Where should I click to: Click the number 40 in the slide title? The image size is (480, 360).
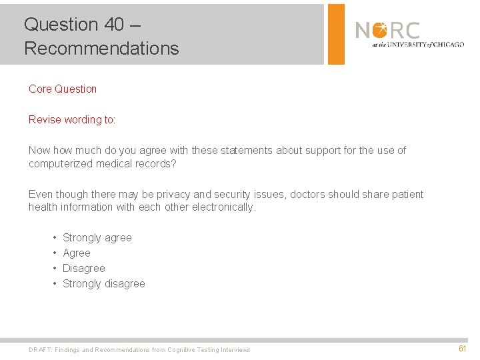(x=114, y=25)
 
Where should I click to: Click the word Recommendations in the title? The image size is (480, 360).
(x=101, y=49)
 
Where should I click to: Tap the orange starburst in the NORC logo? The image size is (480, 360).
(x=379, y=30)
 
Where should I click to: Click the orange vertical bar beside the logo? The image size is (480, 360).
(x=337, y=34)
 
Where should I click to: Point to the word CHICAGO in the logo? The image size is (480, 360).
(x=449, y=45)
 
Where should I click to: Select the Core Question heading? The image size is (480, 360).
(x=63, y=89)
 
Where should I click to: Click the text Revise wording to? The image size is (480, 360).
(x=72, y=120)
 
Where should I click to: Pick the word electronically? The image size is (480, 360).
(x=223, y=207)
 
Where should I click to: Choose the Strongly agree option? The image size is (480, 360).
(x=97, y=238)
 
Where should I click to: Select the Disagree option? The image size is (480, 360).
(x=84, y=269)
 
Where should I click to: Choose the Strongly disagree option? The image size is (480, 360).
(x=103, y=284)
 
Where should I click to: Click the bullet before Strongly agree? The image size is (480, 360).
(x=53, y=238)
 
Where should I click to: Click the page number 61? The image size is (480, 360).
(x=462, y=349)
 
